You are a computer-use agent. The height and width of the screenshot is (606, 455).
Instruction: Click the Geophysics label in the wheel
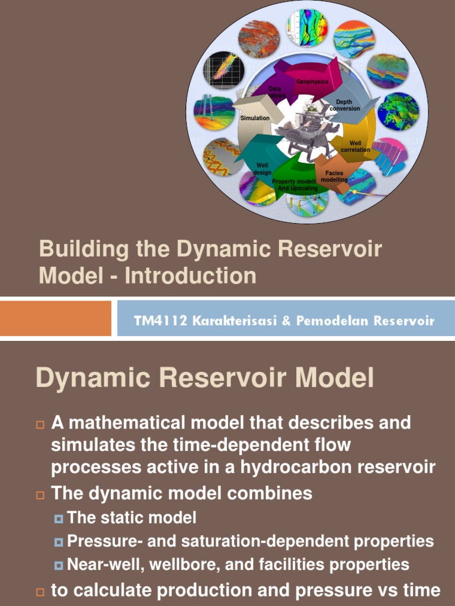pos(312,82)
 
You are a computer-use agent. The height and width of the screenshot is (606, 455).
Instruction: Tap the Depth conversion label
pos(344,105)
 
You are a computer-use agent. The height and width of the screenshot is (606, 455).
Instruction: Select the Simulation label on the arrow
pos(255,118)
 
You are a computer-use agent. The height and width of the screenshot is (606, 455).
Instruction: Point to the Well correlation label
pos(355,146)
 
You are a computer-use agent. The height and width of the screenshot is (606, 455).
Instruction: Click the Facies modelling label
pos(334,176)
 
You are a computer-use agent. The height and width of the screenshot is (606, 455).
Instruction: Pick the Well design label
pos(262,169)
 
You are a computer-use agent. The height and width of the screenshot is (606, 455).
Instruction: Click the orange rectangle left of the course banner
pos(56,318)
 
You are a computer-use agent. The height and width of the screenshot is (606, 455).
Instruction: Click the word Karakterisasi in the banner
pos(217,321)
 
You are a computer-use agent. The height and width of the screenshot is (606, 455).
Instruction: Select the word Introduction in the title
pos(191,276)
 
